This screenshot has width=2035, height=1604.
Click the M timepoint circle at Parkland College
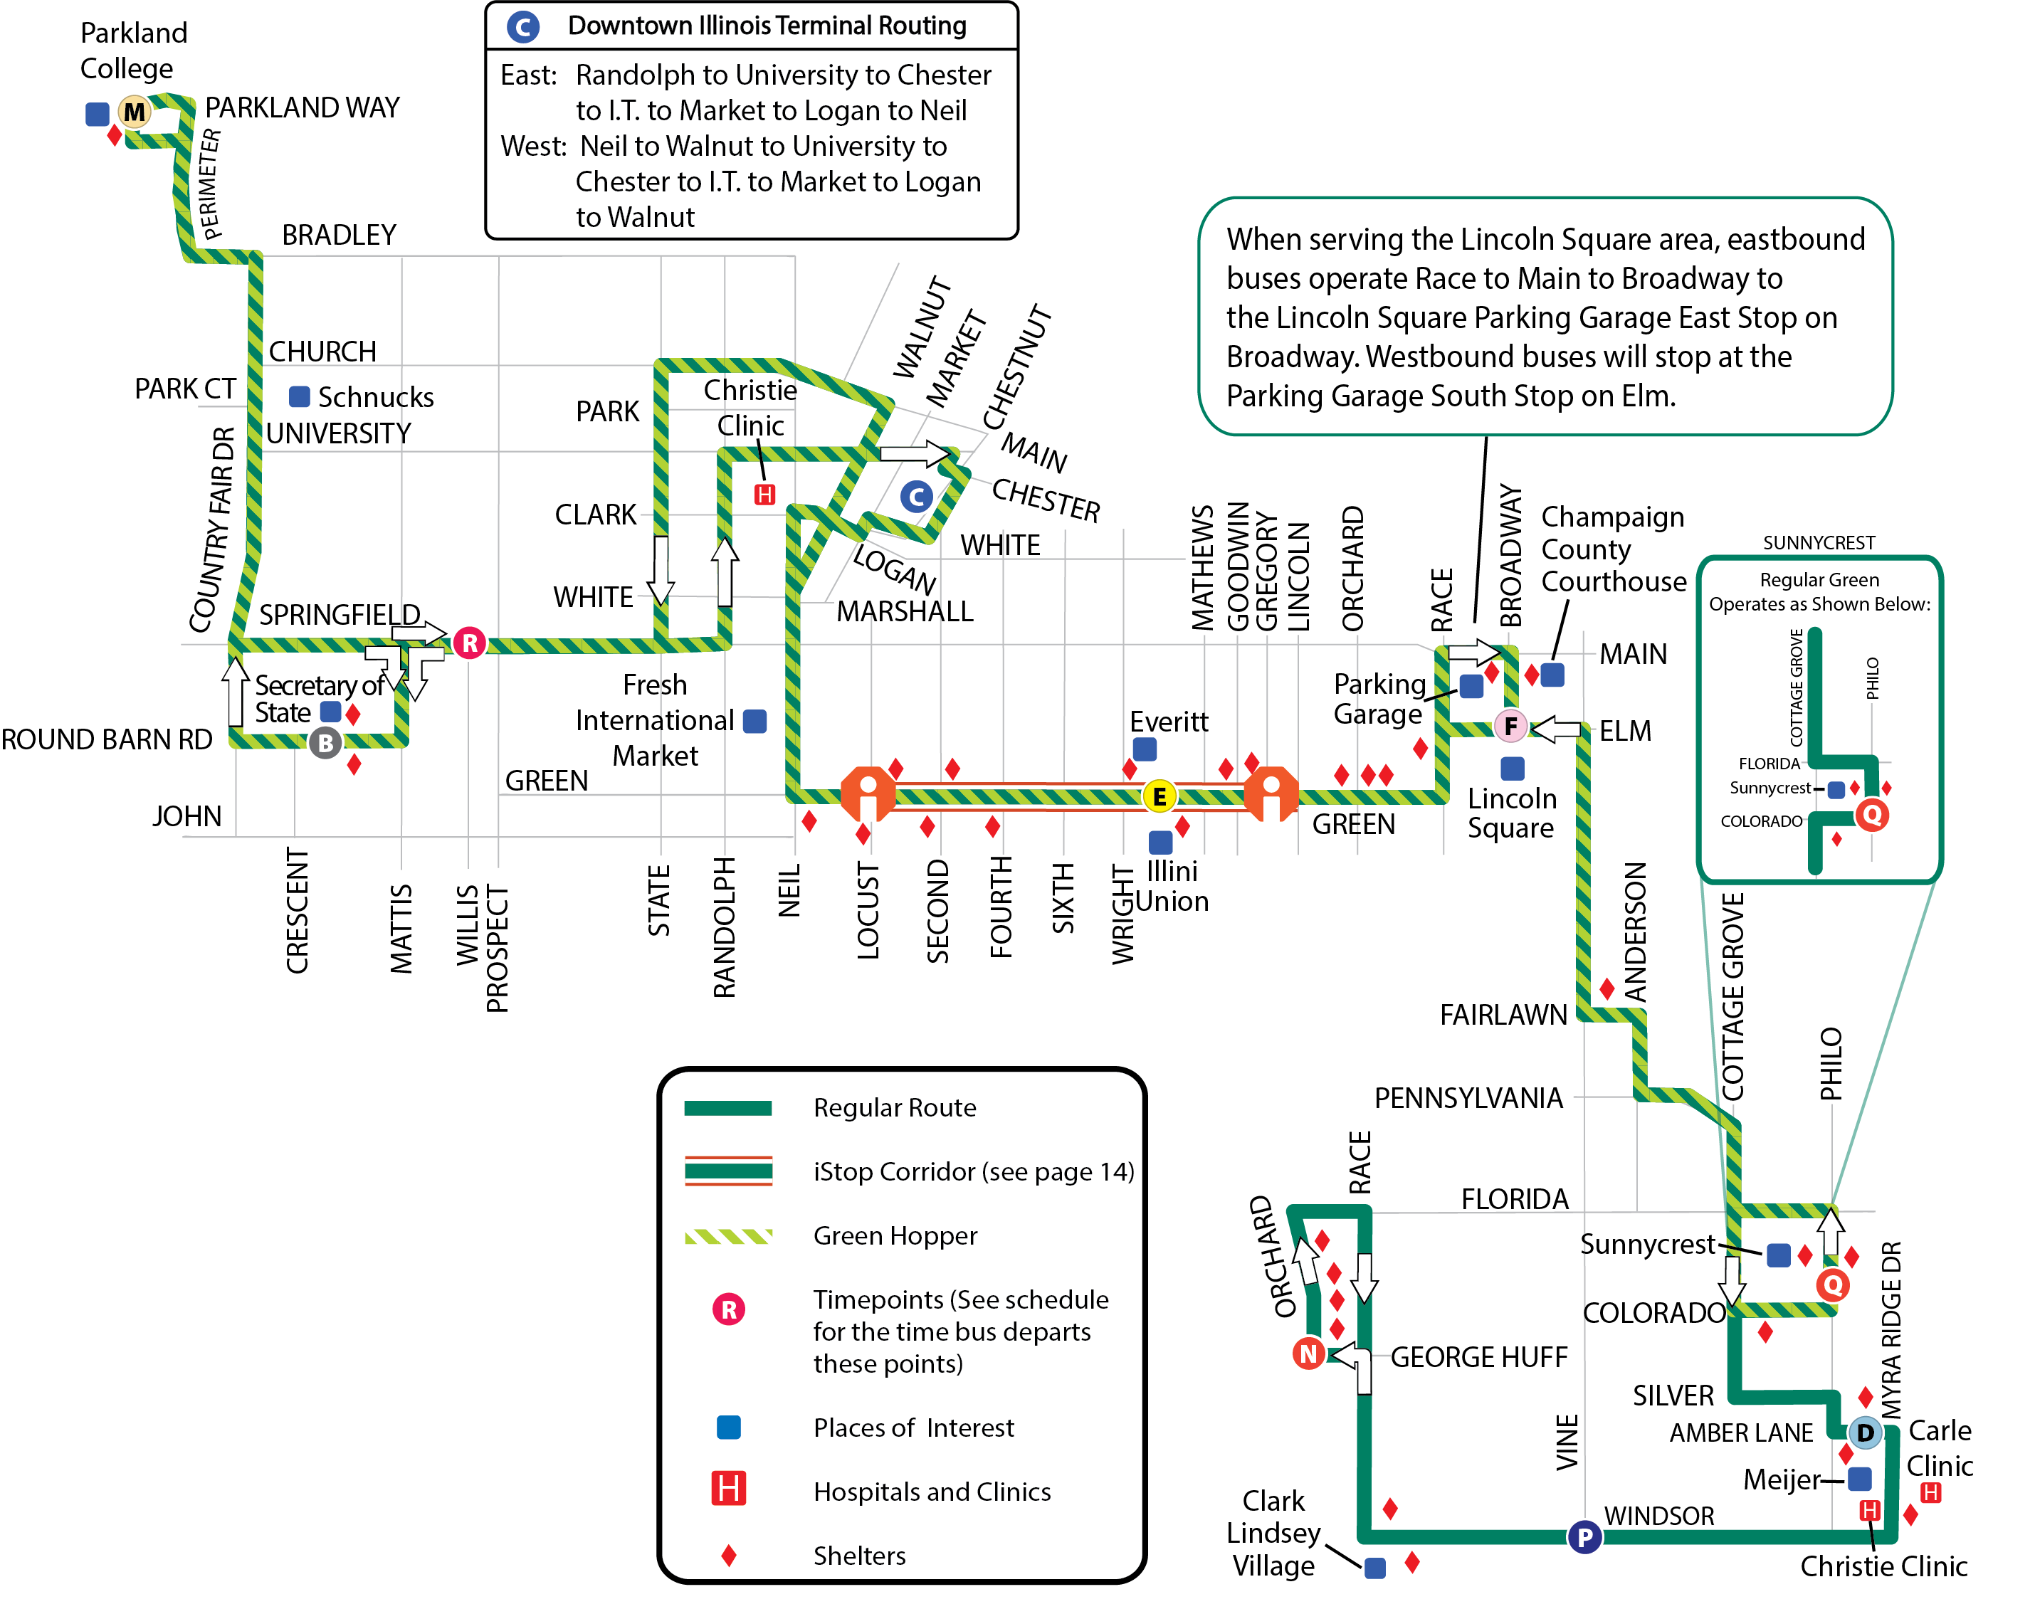coord(135,112)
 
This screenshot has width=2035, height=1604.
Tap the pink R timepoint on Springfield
coord(470,643)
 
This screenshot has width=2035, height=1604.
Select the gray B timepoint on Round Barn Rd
coord(325,743)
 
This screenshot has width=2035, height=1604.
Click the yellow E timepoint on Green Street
coord(1159,796)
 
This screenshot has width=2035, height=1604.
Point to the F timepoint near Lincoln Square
coord(1510,726)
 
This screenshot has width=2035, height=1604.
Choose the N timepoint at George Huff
coord(1308,1354)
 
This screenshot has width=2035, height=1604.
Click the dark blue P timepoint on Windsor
coord(1584,1537)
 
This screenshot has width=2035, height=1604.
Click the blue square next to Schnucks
coord(300,396)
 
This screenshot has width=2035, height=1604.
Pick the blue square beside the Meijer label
coord(1859,1479)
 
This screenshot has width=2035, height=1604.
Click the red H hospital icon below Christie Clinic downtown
coord(764,494)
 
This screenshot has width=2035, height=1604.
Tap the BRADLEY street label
coord(339,235)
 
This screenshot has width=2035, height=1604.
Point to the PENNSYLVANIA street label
coord(1468,1098)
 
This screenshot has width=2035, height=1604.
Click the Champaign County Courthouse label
coord(1614,549)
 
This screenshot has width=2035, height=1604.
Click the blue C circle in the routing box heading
coord(523,26)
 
